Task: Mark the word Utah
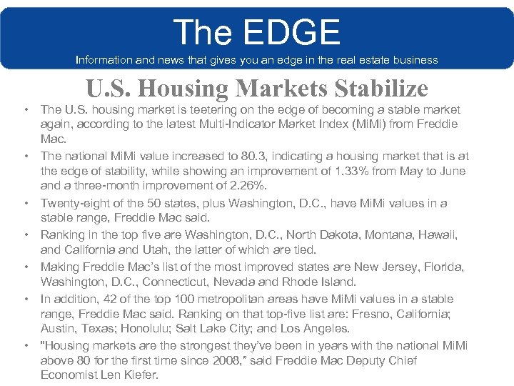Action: tap(147, 249)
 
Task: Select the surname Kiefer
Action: tap(142, 375)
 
